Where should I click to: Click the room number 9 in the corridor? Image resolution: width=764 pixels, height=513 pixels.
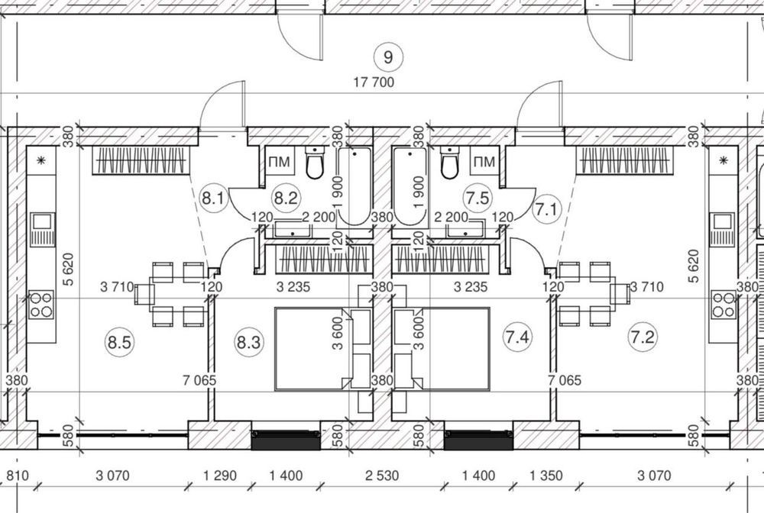388,57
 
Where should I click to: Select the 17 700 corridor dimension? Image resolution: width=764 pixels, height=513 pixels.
374,82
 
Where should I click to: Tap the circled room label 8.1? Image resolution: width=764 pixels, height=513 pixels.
213,198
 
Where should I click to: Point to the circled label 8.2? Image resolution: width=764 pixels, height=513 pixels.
286,198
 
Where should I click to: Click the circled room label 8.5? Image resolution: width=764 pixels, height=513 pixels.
119,343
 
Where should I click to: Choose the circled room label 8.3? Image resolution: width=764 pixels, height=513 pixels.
248,342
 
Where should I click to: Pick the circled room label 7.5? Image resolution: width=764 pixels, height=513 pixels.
477,198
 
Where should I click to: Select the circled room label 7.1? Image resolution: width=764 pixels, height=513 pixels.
547,210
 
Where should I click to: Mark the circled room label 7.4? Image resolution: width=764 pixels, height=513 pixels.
517,337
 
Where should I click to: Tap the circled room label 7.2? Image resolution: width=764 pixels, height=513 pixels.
643,337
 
